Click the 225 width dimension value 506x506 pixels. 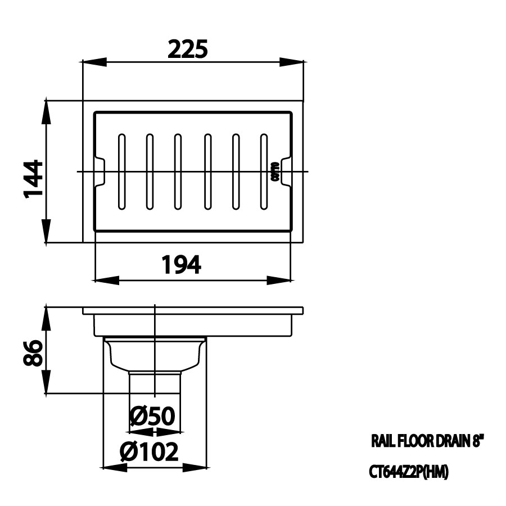coord(188,49)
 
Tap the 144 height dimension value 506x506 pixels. coord(33,179)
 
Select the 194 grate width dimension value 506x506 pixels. coord(181,264)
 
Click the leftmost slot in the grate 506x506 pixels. coord(121,171)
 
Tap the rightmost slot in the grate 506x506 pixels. coord(263,171)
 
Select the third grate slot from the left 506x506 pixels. coord(178,171)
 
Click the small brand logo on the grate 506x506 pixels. coord(274,171)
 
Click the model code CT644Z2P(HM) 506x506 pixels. coord(409,474)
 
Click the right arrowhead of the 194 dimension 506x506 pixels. coord(286,279)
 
